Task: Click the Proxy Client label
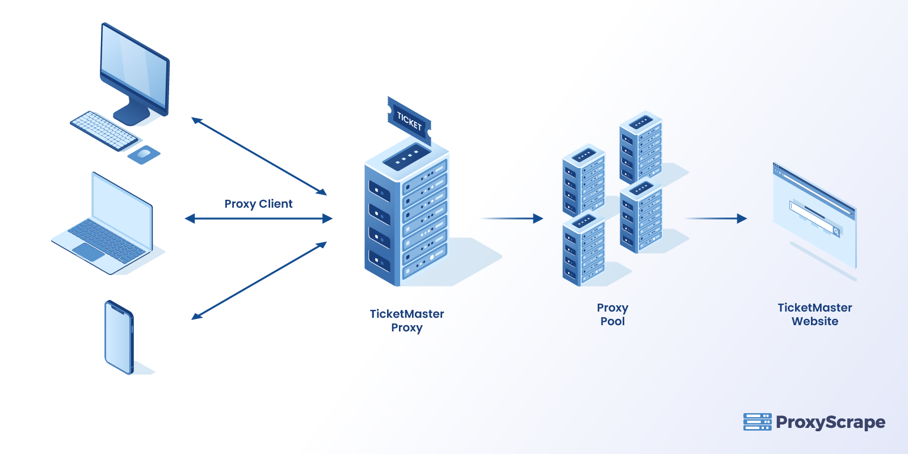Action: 258,204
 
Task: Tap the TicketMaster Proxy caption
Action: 406,320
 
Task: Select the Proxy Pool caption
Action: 612,314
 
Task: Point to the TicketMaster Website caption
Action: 814,314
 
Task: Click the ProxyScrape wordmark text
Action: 830,422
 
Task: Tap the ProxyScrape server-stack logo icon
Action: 757,422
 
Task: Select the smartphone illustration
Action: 119,337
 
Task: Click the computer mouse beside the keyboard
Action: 144,154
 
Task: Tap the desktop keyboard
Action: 104,131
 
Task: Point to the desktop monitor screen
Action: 134,67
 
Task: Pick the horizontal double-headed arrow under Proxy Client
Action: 258,218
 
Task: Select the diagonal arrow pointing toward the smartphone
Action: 259,280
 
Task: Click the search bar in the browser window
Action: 814,218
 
